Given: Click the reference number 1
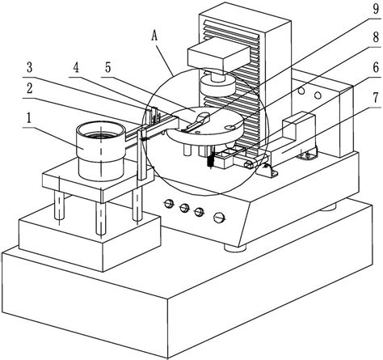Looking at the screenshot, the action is tap(29, 119).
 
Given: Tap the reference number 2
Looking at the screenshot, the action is tap(29, 88).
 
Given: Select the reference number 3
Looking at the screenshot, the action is tap(29, 68).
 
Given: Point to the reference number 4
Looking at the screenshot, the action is tap(77, 68).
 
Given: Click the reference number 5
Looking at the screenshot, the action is tap(107, 68).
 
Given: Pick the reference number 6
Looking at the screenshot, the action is tap(376, 68).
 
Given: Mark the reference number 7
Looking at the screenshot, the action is tap(376, 98).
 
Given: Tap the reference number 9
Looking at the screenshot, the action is tap(376, 9).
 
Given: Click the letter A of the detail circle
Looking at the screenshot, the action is tap(154, 36).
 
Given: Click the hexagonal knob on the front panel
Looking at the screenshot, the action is tap(219, 218).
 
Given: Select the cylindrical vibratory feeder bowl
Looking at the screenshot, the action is tap(100, 150).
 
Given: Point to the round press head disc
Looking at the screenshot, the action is tap(218, 85).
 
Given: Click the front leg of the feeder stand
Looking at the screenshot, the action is tap(100, 218).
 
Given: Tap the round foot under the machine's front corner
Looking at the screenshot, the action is tap(235, 248).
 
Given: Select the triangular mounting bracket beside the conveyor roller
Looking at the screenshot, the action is tap(268, 170).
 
